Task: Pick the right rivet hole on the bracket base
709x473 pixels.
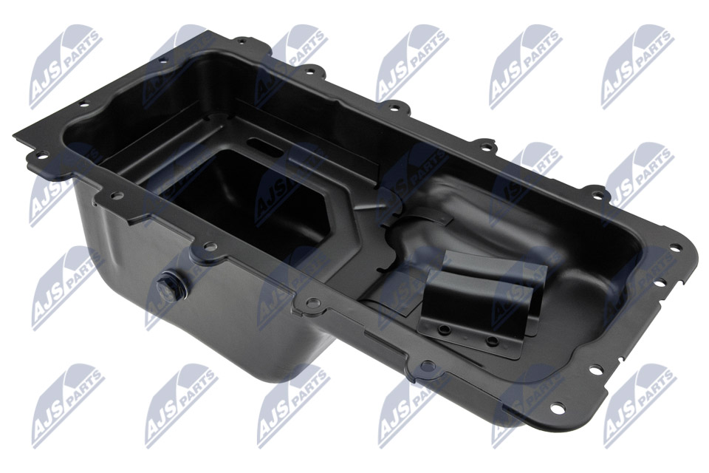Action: coord(490,339)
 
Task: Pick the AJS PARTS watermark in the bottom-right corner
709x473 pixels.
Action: coord(639,406)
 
